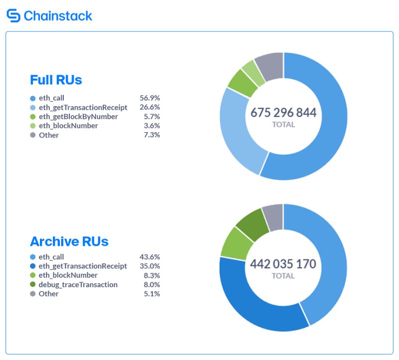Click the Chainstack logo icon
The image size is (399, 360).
[x=13, y=15]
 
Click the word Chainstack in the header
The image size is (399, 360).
[x=58, y=16]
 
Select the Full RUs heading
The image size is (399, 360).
[x=56, y=80]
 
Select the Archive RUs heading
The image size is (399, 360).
[x=69, y=241]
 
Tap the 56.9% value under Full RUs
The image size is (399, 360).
[x=150, y=98]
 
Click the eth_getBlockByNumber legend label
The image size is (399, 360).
[x=78, y=117]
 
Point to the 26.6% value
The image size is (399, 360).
[x=150, y=107]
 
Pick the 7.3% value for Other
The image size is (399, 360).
[x=151, y=135]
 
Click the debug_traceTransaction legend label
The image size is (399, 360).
[x=78, y=285]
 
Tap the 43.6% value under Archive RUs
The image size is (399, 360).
[x=150, y=257]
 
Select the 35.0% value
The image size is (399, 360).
[x=150, y=266]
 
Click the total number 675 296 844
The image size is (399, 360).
[x=283, y=113]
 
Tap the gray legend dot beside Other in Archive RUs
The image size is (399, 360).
[x=33, y=294]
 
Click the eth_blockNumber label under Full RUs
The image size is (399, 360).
[x=68, y=126]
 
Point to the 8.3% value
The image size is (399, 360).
[x=151, y=275]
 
